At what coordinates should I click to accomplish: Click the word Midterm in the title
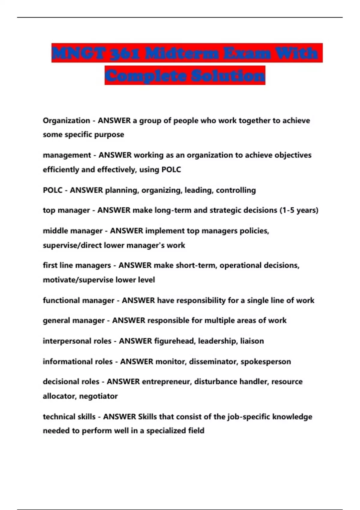(x=182, y=53)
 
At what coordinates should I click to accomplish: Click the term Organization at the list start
(x=66, y=121)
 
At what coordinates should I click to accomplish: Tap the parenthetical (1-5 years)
(x=299, y=210)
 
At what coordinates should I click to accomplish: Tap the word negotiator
(x=98, y=396)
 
